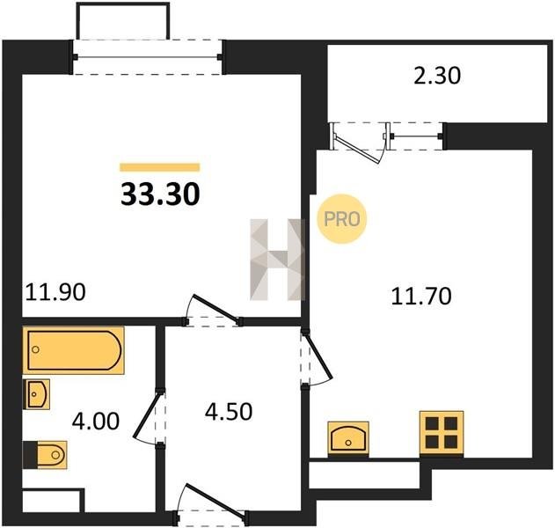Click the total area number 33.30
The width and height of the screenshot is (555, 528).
tap(160, 194)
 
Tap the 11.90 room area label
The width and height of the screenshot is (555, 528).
tap(55, 292)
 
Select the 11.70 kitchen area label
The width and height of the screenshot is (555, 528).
tap(421, 297)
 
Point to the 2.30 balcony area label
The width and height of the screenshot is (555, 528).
tap(437, 76)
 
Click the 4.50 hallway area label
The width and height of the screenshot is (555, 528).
tap(229, 412)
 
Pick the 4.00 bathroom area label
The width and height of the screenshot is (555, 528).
tap(96, 422)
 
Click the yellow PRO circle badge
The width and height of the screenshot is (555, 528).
tap(341, 219)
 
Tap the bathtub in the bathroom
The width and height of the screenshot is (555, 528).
tap(74, 350)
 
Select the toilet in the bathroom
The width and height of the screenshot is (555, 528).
tap(46, 455)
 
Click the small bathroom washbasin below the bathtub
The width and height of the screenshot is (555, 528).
tap(36, 394)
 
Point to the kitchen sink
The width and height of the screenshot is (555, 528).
tap(348, 438)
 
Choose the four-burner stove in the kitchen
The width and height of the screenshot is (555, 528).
tap(442, 433)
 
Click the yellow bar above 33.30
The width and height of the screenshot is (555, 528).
tap(160, 167)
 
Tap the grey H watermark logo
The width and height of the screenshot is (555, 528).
tap(278, 260)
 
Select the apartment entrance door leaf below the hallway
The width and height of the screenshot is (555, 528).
tap(215, 499)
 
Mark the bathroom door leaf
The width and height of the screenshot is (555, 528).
tap(146, 415)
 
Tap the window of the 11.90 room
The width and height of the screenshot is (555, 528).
tap(147, 56)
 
